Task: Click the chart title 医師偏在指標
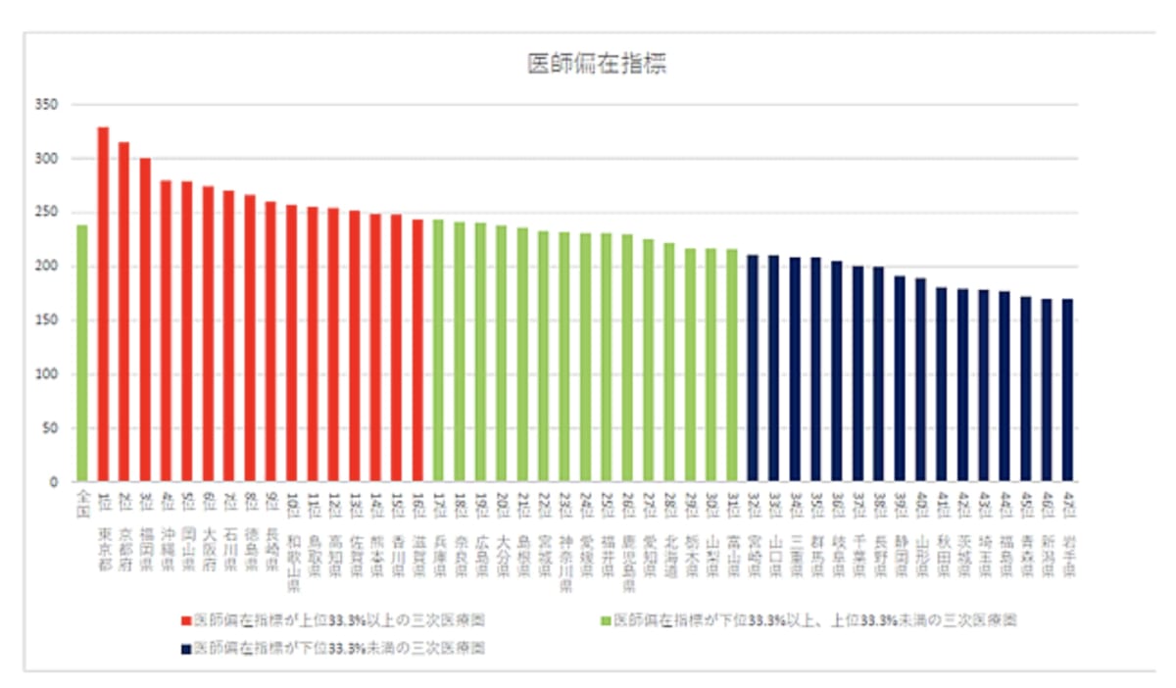(598, 65)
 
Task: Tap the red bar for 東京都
(103, 304)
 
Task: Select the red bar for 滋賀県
(417, 350)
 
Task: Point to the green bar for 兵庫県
(438, 350)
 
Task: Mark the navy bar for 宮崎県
(753, 368)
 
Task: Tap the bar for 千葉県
(857, 373)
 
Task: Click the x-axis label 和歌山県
(291, 549)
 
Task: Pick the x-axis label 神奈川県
(564, 549)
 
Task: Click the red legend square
(185, 620)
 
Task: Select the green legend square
(605, 620)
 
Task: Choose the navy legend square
(185, 648)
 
